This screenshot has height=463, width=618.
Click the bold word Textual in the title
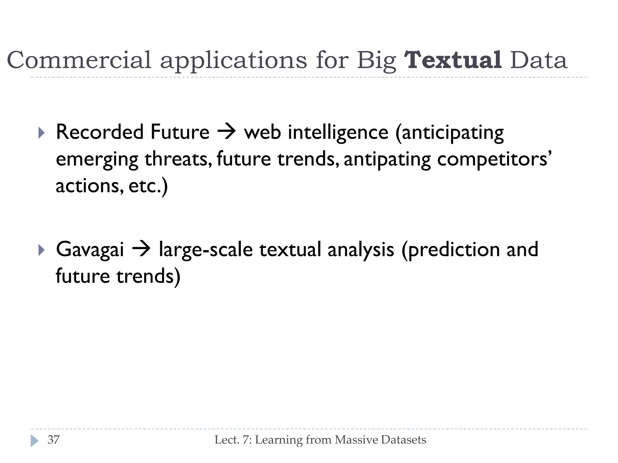pyautogui.click(x=453, y=60)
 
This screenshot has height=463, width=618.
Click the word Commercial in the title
pyautogui.click(x=79, y=60)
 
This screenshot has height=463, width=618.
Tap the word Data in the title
pyautogui.click(x=539, y=60)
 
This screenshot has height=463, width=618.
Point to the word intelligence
pyautogui.click(x=338, y=133)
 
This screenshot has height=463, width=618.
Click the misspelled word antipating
pyautogui.click(x=387, y=160)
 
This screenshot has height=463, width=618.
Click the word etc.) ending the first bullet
pyautogui.click(x=148, y=186)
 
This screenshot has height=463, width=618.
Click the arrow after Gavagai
pyautogui.click(x=141, y=250)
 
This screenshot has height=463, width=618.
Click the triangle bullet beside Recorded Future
pyautogui.click(x=42, y=133)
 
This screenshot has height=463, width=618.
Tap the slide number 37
pyautogui.click(x=53, y=440)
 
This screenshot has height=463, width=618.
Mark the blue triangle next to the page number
pyautogui.click(x=34, y=441)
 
